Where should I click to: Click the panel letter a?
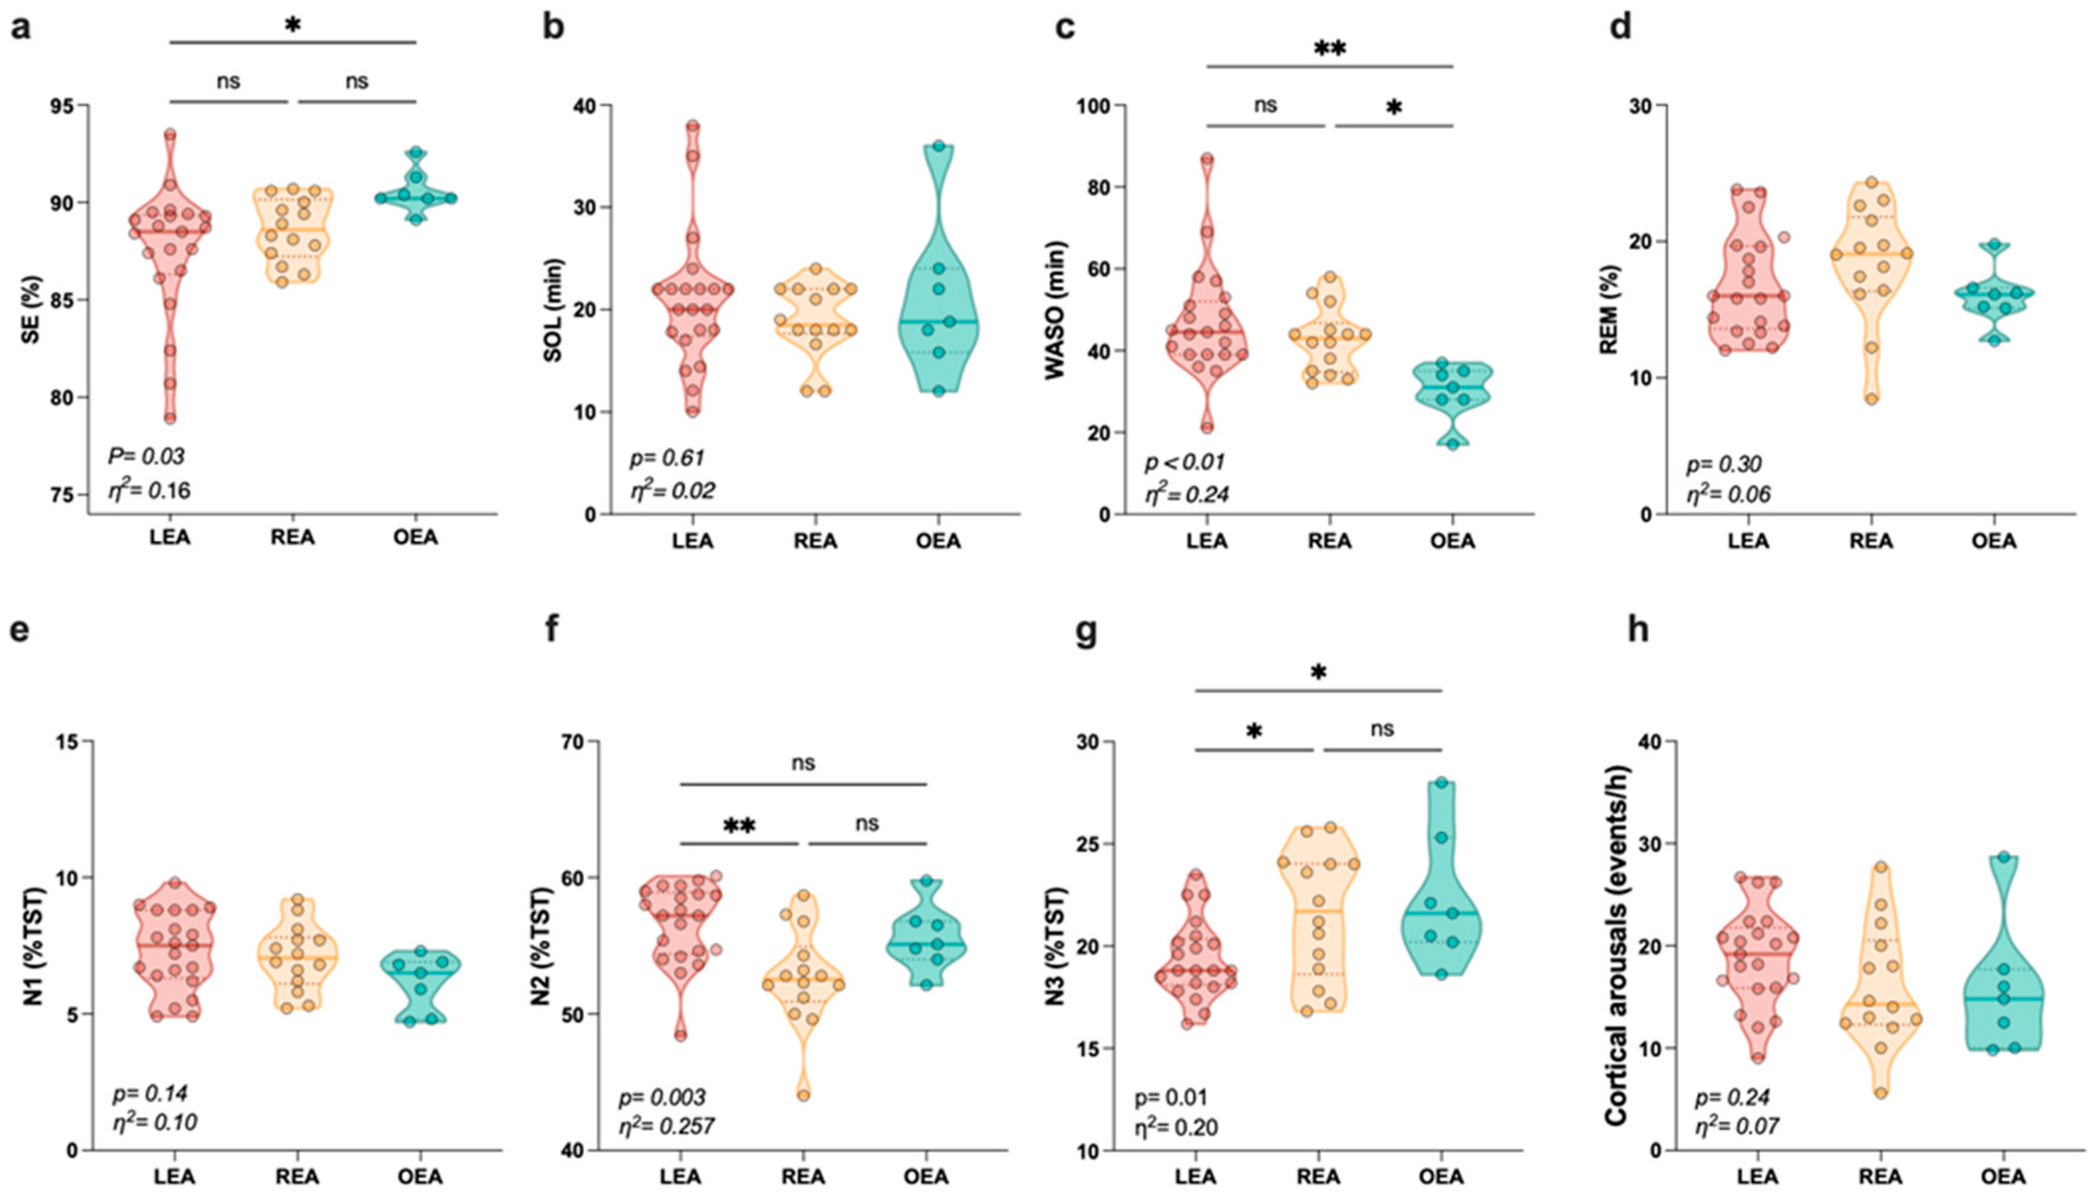[x=21, y=27]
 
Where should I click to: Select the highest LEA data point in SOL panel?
[x=693, y=126]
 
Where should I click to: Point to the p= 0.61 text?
[x=667, y=458]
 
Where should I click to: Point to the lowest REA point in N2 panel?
[x=803, y=1096]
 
